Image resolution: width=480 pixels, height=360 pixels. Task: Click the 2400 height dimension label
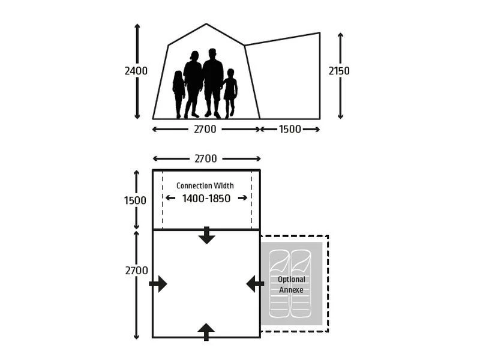[x=136, y=71]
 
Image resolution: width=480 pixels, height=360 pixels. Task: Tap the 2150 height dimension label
[x=339, y=71]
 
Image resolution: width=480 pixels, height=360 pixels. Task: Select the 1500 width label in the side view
[x=290, y=129]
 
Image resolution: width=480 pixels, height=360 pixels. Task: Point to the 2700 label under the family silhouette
[x=205, y=129]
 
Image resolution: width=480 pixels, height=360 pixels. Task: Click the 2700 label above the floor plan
[x=206, y=159]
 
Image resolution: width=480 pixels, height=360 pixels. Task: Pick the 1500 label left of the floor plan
[x=136, y=200]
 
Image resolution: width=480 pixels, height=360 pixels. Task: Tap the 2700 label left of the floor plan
[x=136, y=271]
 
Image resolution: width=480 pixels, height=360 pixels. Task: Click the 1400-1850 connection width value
[x=206, y=199]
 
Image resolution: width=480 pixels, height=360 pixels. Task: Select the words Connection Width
[x=205, y=185]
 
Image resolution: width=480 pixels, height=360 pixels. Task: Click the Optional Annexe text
[x=292, y=284]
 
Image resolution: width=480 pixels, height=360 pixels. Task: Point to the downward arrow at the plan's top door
[x=206, y=236]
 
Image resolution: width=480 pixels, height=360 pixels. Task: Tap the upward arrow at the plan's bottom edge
[x=206, y=331]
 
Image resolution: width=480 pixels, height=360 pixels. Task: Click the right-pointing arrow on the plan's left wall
[x=158, y=284]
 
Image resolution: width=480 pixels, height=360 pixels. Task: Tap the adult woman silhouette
[x=193, y=84]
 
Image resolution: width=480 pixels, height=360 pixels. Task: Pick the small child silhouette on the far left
[x=178, y=93]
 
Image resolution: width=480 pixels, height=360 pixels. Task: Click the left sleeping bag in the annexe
[x=279, y=283]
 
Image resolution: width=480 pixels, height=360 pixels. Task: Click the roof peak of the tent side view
[x=206, y=25]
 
